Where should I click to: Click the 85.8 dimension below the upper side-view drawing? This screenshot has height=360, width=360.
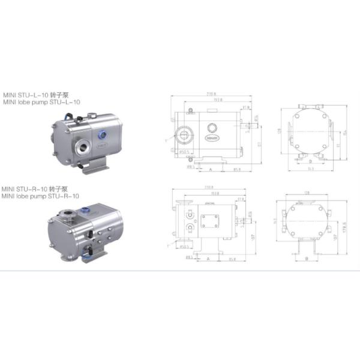[237, 170]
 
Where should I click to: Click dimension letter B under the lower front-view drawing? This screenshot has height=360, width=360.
[307, 259]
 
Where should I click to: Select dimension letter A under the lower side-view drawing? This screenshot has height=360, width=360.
[208, 259]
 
